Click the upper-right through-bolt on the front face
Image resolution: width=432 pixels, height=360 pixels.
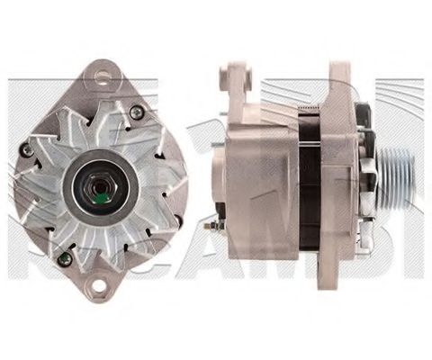click(x=136, y=112)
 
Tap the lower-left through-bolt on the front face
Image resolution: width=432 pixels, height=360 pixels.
click(x=63, y=257)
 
